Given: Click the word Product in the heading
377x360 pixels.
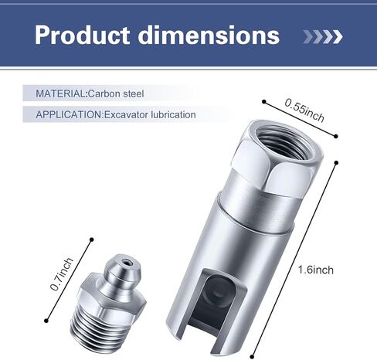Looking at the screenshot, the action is (x=82, y=36).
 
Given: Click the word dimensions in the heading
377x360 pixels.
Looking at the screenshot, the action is (x=209, y=36).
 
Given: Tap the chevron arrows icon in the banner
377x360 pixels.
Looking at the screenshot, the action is (x=323, y=36).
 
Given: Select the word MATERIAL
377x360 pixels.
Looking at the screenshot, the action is (x=60, y=93).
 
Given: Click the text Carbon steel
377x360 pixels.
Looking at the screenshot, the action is (x=116, y=93).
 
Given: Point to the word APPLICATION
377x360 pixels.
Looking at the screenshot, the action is (x=69, y=114).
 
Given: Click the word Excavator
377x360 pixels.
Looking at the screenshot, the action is (x=126, y=114).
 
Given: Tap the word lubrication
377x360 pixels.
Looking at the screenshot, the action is (x=173, y=114).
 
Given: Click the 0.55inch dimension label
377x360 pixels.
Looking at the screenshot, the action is (x=304, y=110).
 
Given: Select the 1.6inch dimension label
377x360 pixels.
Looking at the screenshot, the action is (x=316, y=270).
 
